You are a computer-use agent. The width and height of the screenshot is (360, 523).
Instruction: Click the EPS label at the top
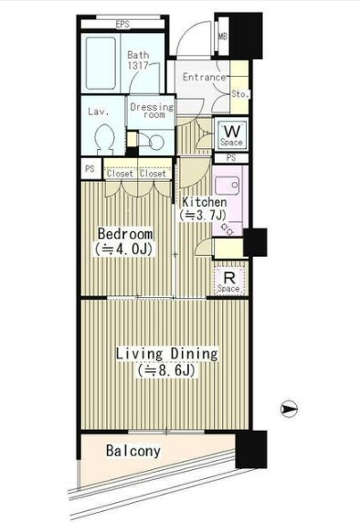coord(122,25)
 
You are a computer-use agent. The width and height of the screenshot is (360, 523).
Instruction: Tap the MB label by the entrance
coord(222,36)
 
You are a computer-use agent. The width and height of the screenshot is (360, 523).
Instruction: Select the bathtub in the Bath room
coord(101,63)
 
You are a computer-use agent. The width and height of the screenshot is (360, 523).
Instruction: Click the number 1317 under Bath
coord(138,66)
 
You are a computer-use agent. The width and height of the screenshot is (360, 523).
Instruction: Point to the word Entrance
coord(205,77)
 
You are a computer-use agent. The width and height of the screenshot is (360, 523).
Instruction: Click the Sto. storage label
coord(240,94)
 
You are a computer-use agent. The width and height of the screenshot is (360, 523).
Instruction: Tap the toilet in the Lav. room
coord(104,139)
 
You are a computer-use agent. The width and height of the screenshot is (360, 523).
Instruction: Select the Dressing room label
coord(152,111)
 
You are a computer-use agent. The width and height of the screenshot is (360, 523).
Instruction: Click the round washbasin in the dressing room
coord(156,143)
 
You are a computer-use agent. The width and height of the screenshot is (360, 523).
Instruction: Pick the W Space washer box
coord(231,134)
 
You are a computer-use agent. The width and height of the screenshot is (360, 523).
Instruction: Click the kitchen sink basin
coord(227,186)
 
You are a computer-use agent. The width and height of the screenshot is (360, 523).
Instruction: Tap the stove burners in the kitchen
coord(228,229)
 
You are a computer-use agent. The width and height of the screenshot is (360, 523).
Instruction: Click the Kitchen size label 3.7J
coord(203,215)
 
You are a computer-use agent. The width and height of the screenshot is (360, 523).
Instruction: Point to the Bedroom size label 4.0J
coord(123,249)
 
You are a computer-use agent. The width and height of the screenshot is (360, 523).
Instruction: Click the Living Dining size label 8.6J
coord(166,370)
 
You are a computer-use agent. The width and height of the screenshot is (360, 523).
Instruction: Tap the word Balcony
coord(133,451)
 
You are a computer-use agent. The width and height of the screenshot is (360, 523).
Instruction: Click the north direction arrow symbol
coord(289,409)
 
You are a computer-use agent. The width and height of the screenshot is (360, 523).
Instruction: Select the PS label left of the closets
coord(90,169)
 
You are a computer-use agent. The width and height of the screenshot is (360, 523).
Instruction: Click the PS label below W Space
coord(230,158)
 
